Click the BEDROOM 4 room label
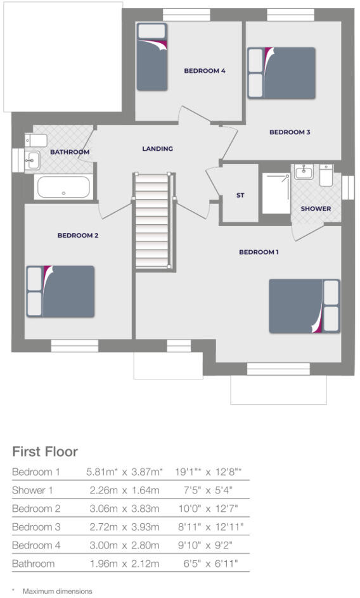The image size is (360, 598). [x=205, y=71]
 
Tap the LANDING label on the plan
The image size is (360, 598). [x=157, y=149]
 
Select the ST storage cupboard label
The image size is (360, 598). [x=240, y=196]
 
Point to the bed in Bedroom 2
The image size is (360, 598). [x=60, y=291]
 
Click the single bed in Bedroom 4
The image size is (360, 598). [x=152, y=56]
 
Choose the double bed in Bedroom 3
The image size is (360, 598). [x=281, y=73]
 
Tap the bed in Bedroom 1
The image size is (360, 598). [x=304, y=306]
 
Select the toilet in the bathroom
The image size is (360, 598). [x=32, y=140]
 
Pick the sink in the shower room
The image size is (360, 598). [x=304, y=172]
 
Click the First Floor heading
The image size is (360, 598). [x=45, y=452]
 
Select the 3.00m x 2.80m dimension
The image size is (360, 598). [x=122, y=545]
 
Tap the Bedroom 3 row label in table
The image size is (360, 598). [x=37, y=526]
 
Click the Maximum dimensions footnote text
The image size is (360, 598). [x=57, y=591]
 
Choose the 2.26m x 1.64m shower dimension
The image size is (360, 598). [x=122, y=490]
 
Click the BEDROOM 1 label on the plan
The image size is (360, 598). [x=259, y=252]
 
